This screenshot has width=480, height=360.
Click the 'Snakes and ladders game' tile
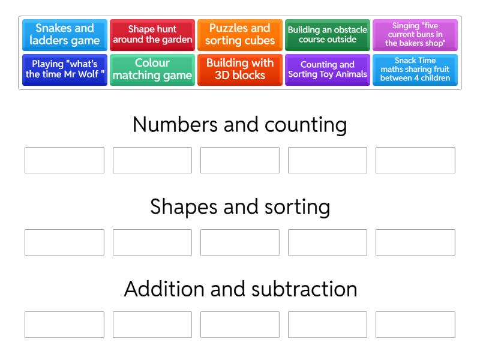(x=65, y=35)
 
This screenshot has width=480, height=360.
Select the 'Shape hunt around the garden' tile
(x=152, y=35)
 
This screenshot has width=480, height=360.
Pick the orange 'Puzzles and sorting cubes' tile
(x=239, y=35)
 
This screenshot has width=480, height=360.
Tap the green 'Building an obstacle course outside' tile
(x=327, y=35)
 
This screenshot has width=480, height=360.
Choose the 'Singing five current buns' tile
(x=415, y=35)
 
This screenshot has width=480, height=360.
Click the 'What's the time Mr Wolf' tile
(x=65, y=70)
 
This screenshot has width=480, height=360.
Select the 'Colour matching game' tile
(x=152, y=70)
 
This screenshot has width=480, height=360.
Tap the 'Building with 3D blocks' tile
(x=239, y=70)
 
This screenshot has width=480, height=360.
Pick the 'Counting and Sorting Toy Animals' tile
(x=327, y=70)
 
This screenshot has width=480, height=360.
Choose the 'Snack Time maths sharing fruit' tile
(x=415, y=70)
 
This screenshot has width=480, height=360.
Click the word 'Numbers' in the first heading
(x=175, y=125)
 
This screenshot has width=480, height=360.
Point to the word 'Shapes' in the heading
(x=184, y=207)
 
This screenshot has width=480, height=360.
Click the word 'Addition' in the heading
(x=163, y=289)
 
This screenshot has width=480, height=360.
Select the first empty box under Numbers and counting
(x=64, y=160)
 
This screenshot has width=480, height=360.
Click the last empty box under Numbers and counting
(x=415, y=160)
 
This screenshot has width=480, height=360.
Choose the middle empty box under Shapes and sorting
(x=239, y=242)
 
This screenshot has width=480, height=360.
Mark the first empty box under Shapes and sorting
(x=64, y=242)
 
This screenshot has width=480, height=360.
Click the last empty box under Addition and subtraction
(x=415, y=325)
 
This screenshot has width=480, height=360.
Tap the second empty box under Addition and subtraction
(x=152, y=325)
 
